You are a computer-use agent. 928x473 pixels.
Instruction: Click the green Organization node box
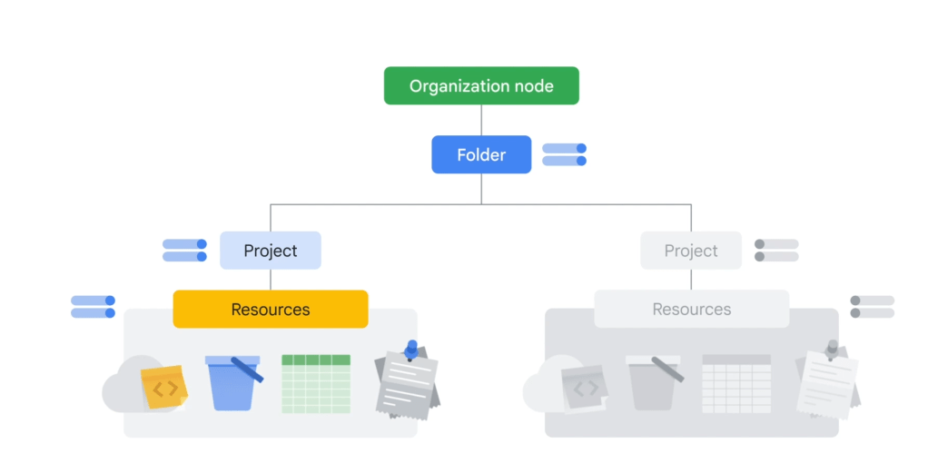(x=481, y=86)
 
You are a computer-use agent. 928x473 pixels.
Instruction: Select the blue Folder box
(x=481, y=154)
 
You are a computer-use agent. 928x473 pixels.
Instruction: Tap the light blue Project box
(x=271, y=251)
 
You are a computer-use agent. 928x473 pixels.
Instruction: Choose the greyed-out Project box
(x=691, y=251)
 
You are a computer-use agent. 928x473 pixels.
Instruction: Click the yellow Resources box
(x=271, y=309)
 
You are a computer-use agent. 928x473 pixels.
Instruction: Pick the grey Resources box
(x=691, y=309)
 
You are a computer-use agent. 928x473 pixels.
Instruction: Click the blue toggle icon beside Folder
(x=565, y=154)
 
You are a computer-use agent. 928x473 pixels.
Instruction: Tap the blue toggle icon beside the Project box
(x=184, y=251)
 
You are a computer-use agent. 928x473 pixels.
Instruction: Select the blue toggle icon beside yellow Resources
(x=93, y=307)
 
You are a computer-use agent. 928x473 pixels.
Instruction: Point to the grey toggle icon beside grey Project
(x=776, y=251)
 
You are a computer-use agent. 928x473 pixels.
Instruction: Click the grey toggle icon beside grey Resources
(x=873, y=307)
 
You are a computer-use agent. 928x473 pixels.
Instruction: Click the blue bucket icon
(x=233, y=383)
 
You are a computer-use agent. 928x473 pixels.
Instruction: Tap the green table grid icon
(x=316, y=384)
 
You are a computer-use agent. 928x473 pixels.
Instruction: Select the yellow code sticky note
(x=164, y=387)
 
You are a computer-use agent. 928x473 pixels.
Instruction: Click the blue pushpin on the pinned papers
(x=411, y=350)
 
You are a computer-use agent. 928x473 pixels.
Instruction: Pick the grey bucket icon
(x=654, y=383)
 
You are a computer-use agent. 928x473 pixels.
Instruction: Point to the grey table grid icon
(x=736, y=384)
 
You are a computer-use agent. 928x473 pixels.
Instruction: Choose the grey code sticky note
(x=585, y=388)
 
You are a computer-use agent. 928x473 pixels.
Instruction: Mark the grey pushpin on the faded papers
(x=832, y=350)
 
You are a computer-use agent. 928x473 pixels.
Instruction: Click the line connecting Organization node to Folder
(x=481, y=120)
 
